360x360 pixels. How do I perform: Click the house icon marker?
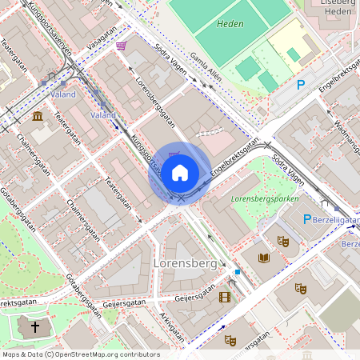click(x=180, y=173)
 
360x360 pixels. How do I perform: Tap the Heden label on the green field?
click(x=230, y=25)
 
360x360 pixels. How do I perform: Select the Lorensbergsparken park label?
click(x=265, y=198)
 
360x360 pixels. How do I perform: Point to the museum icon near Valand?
click(x=38, y=117)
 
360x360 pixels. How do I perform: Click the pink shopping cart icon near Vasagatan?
click(x=121, y=46)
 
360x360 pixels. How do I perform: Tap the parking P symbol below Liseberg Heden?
click(x=301, y=84)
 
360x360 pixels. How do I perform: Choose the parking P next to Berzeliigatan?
click(x=306, y=218)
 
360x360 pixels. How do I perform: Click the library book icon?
click(x=264, y=258)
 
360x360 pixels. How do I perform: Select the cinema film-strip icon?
click(x=224, y=297)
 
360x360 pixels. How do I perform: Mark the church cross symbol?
click(x=34, y=326)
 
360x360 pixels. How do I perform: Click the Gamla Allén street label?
click(x=205, y=64)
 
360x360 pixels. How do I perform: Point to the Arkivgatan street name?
click(x=171, y=323)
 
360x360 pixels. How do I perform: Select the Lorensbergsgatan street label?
click(x=154, y=103)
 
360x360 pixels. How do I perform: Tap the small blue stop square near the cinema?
click(x=238, y=272)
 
